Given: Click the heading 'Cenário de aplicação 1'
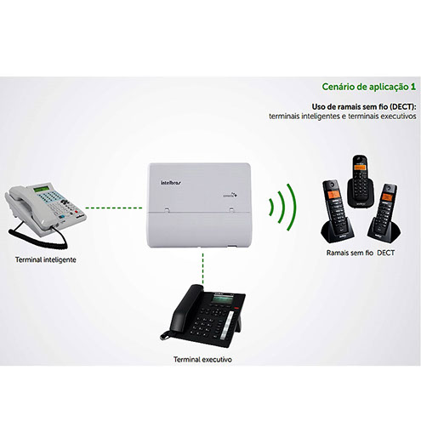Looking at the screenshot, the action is [368, 87].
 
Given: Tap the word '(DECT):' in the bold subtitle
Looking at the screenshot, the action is [402, 107].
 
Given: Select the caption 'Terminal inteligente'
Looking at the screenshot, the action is [46, 259].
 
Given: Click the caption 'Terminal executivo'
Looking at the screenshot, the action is [202, 360].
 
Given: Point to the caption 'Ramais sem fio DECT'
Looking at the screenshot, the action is [361, 253].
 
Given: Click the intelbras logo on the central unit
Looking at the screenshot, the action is [171, 183].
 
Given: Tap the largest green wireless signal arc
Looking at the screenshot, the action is [292, 207].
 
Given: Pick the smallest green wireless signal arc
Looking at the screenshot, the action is [271, 207].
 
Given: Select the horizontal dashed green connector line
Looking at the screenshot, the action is [114, 208].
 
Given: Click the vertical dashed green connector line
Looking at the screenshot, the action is [203, 267].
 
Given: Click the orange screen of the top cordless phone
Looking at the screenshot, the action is [360, 168].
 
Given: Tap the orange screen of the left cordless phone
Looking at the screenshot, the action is [333, 195].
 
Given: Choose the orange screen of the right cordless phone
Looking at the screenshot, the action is [386, 196].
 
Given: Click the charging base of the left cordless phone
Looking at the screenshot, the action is [338, 231].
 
